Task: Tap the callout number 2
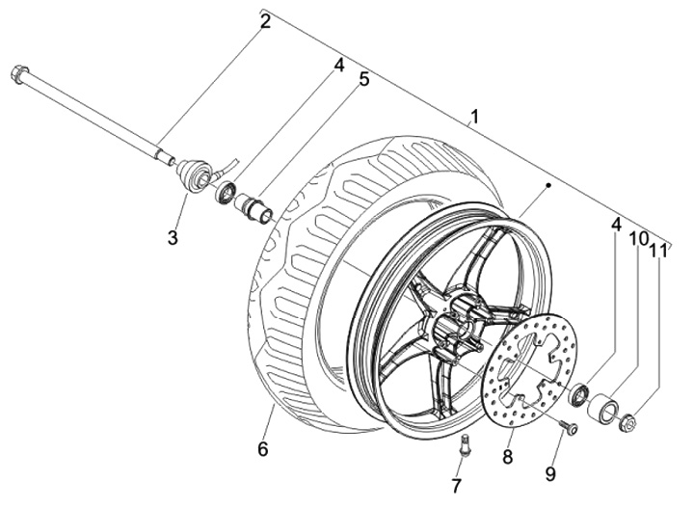click(265, 21)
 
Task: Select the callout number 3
click(173, 238)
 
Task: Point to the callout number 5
click(363, 80)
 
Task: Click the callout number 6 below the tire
click(263, 449)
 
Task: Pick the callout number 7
click(456, 486)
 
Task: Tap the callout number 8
click(507, 457)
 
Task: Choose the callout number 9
click(550, 474)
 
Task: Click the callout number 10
click(639, 239)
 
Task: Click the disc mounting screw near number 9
click(569, 427)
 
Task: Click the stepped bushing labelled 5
click(254, 207)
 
